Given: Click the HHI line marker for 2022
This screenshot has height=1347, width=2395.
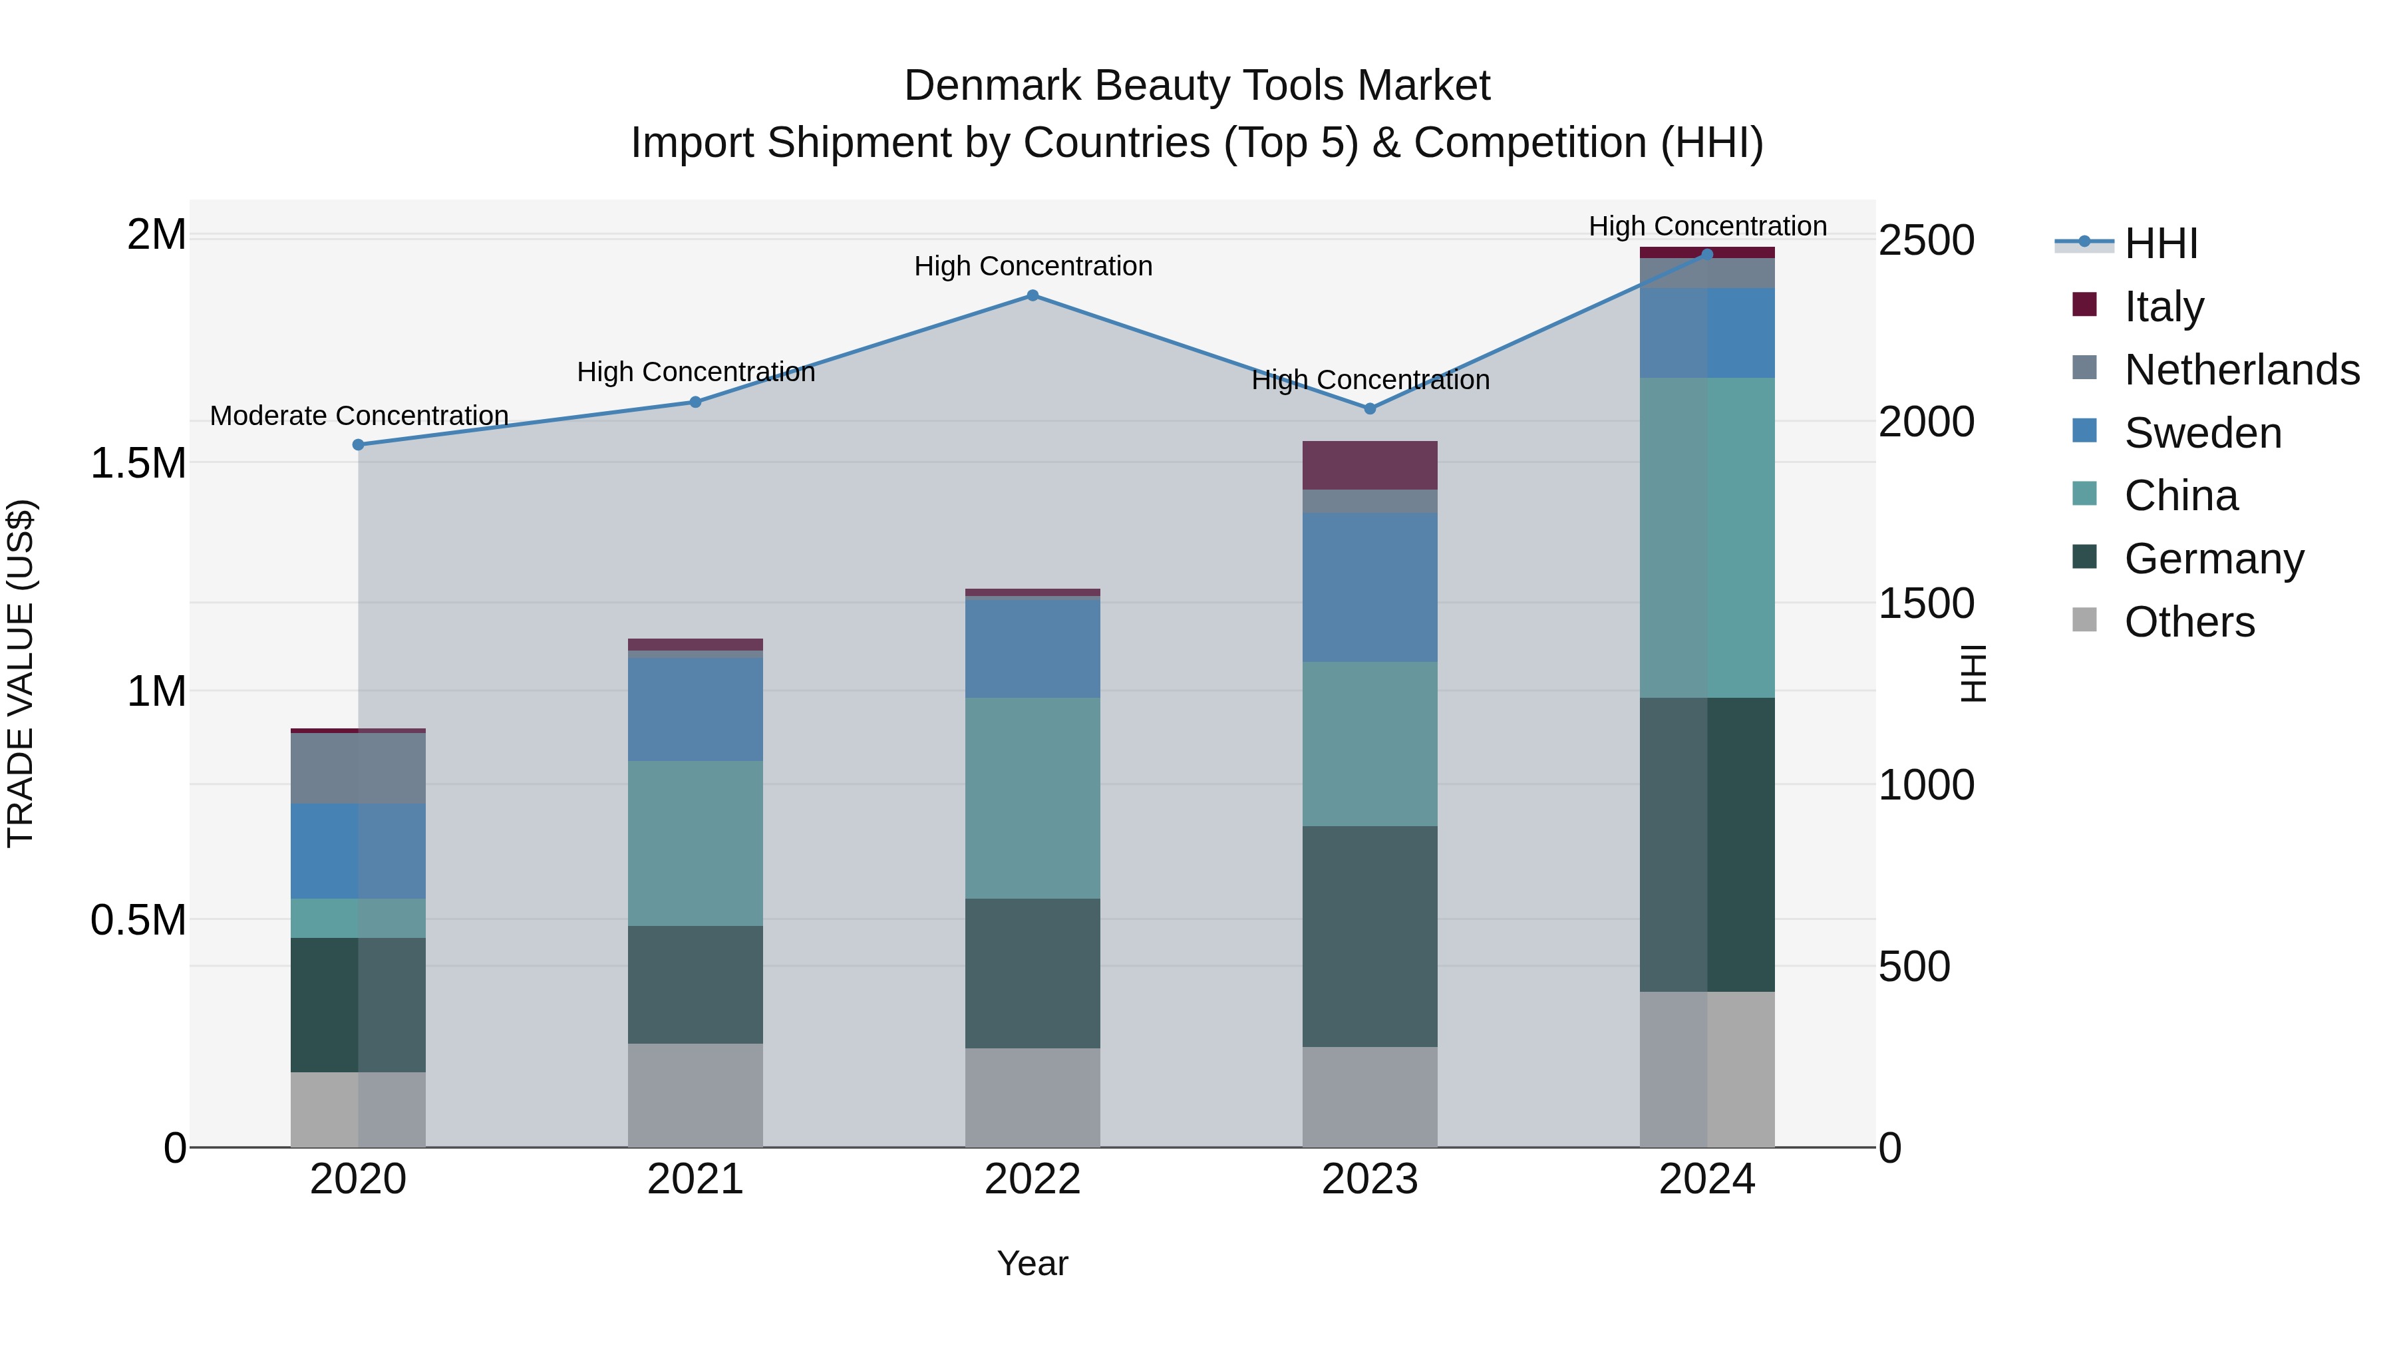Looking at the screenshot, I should tap(1032, 295).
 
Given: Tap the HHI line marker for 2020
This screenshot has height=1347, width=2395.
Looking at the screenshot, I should tap(358, 444).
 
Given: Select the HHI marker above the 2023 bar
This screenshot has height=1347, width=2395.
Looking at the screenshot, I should tap(1370, 408).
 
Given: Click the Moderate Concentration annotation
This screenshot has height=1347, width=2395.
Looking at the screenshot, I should tap(359, 416).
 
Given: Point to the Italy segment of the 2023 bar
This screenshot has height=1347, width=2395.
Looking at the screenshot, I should tap(1370, 465).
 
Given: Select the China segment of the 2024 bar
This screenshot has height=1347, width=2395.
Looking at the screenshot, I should tap(1707, 537).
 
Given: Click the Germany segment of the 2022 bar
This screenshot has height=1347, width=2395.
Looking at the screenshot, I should tap(1032, 973).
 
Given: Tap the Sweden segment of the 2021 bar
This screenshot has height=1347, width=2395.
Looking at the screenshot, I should tap(695, 709).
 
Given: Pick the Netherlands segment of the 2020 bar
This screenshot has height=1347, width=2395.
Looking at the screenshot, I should tap(358, 768).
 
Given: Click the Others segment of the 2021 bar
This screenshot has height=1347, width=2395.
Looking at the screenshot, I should tap(695, 1094).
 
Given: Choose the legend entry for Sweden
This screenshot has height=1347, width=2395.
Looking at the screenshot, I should tap(2203, 433).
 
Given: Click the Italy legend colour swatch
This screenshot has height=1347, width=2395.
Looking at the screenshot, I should tap(2084, 305).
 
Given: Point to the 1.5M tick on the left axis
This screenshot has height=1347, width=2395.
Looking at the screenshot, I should tap(138, 463).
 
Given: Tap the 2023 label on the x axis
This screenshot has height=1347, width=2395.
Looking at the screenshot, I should tap(1370, 1179).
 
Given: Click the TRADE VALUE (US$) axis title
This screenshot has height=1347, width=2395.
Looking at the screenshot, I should tap(21, 673).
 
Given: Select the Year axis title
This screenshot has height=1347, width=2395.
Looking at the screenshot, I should tap(1032, 1263).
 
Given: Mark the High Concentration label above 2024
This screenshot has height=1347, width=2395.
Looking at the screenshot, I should tap(1707, 226).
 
